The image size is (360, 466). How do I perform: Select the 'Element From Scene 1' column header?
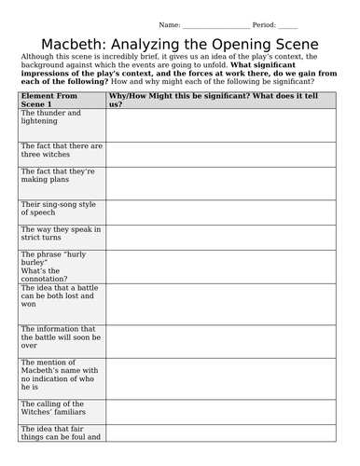pyautogui.click(x=52, y=101)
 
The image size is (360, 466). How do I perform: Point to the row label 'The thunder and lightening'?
pyautogui.click(x=51, y=117)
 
